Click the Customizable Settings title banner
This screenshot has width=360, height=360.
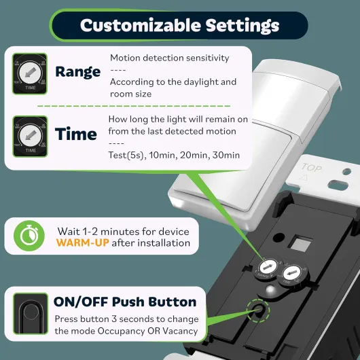coord(179,26)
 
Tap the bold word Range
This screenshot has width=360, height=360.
coord(78,71)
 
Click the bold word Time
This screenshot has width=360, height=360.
coord(76,134)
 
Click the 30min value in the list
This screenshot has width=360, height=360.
coord(226,156)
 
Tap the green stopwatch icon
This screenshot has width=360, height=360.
coord(25,236)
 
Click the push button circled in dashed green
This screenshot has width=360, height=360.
coord(259,311)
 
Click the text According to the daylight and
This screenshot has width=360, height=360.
coord(173,82)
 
